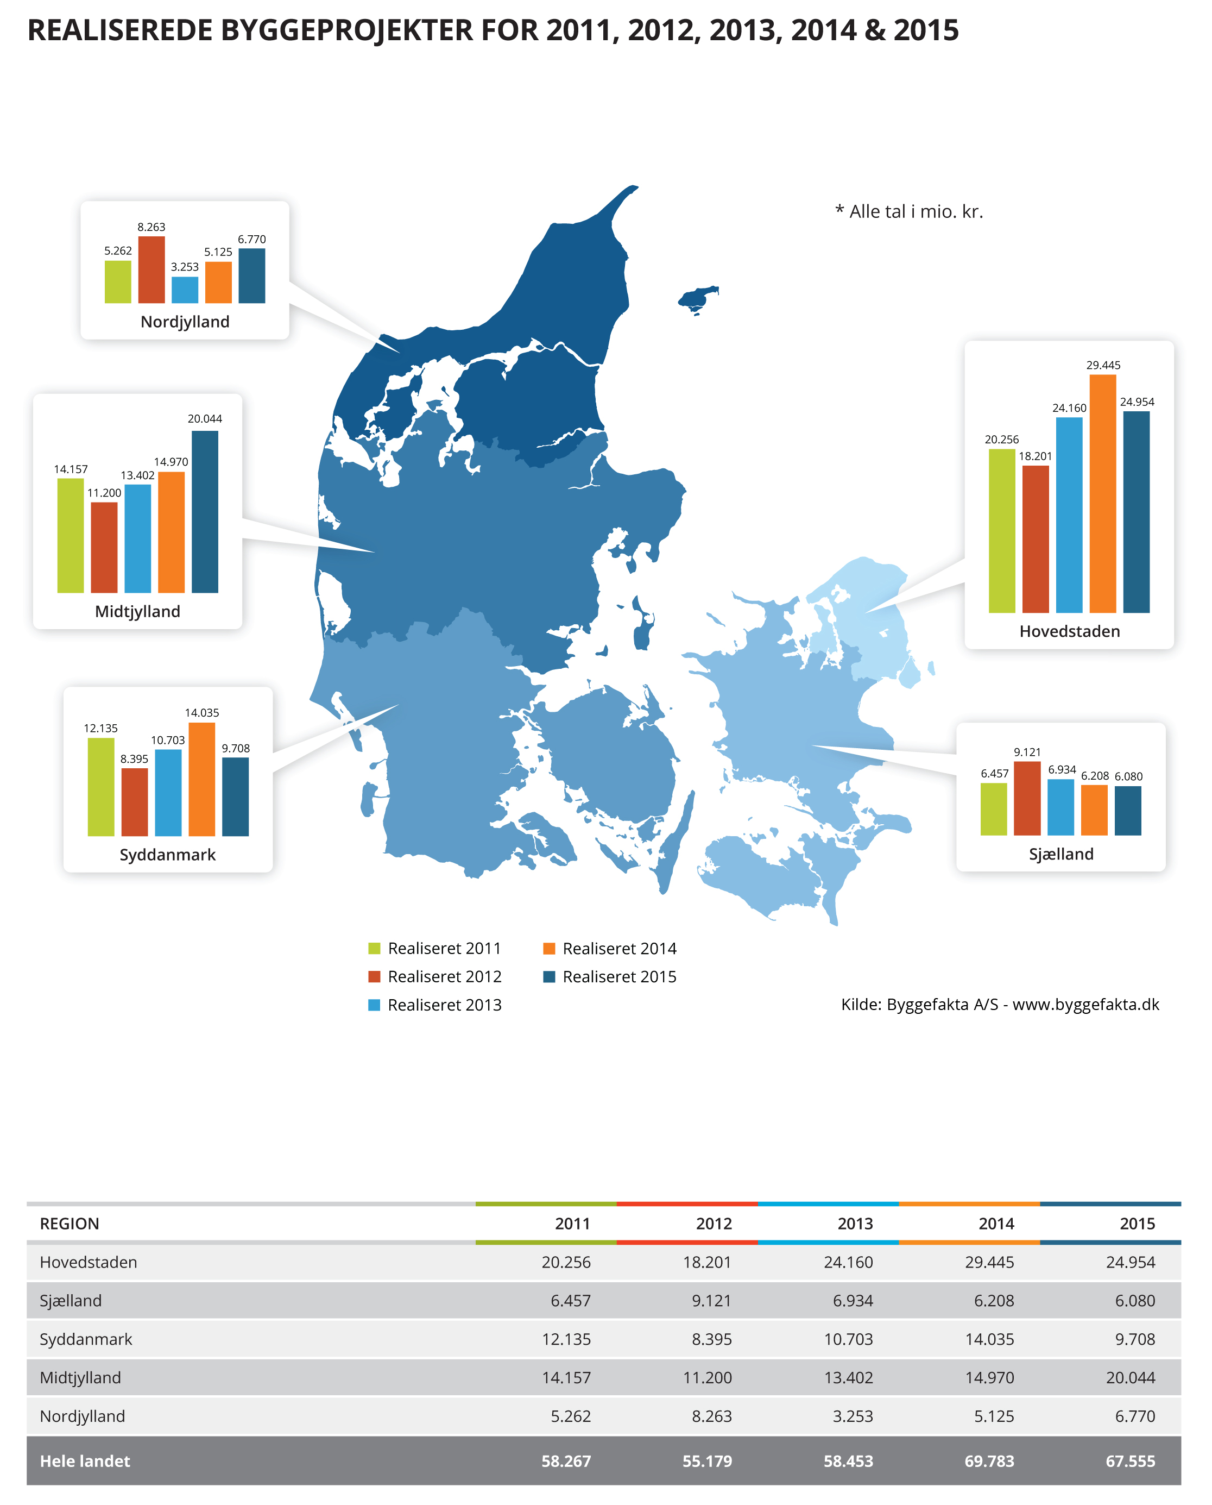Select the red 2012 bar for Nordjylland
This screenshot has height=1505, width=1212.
click(x=151, y=269)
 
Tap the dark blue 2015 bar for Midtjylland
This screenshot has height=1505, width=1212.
click(x=205, y=511)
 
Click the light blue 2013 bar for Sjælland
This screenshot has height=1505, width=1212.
click(x=1060, y=807)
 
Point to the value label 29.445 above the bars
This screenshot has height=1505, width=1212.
click(x=1103, y=365)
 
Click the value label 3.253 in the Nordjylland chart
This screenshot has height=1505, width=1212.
click(x=185, y=267)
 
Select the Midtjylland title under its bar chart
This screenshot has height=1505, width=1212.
click(x=137, y=611)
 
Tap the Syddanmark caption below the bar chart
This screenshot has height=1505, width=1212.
click(x=168, y=854)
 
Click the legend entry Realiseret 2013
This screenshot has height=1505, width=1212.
click(x=435, y=1005)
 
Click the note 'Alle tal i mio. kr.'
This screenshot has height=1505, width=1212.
click(x=909, y=211)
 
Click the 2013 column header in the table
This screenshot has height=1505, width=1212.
click(x=855, y=1224)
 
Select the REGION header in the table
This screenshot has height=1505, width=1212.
click(x=70, y=1224)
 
